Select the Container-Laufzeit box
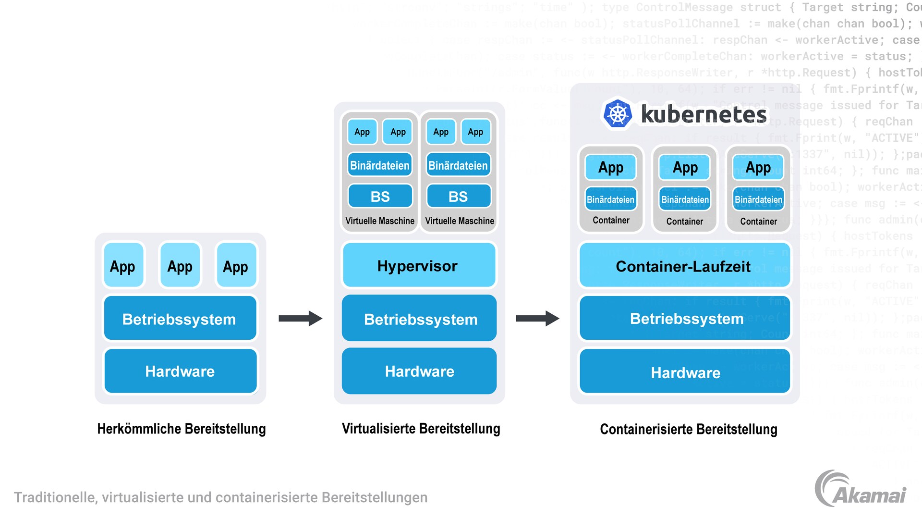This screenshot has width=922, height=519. (684, 266)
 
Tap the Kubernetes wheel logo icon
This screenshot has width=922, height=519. (618, 114)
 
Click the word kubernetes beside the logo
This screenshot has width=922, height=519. (704, 114)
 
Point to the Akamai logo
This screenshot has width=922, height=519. (860, 489)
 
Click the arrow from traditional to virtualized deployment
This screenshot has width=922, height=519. (300, 318)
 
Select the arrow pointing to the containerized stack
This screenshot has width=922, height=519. (537, 318)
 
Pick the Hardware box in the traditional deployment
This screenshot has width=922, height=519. (180, 371)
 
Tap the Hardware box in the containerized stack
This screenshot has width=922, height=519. (685, 372)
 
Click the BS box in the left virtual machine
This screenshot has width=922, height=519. (380, 196)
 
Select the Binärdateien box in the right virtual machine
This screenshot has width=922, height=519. (458, 165)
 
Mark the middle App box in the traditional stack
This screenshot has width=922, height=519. (180, 266)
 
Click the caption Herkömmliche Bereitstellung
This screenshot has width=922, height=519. (181, 429)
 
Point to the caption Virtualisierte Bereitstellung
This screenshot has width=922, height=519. (421, 428)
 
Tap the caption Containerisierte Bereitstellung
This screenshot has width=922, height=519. (688, 429)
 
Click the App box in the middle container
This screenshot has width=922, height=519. (685, 167)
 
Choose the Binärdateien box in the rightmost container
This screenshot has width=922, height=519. (758, 199)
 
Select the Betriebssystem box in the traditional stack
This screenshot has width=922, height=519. (180, 319)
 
